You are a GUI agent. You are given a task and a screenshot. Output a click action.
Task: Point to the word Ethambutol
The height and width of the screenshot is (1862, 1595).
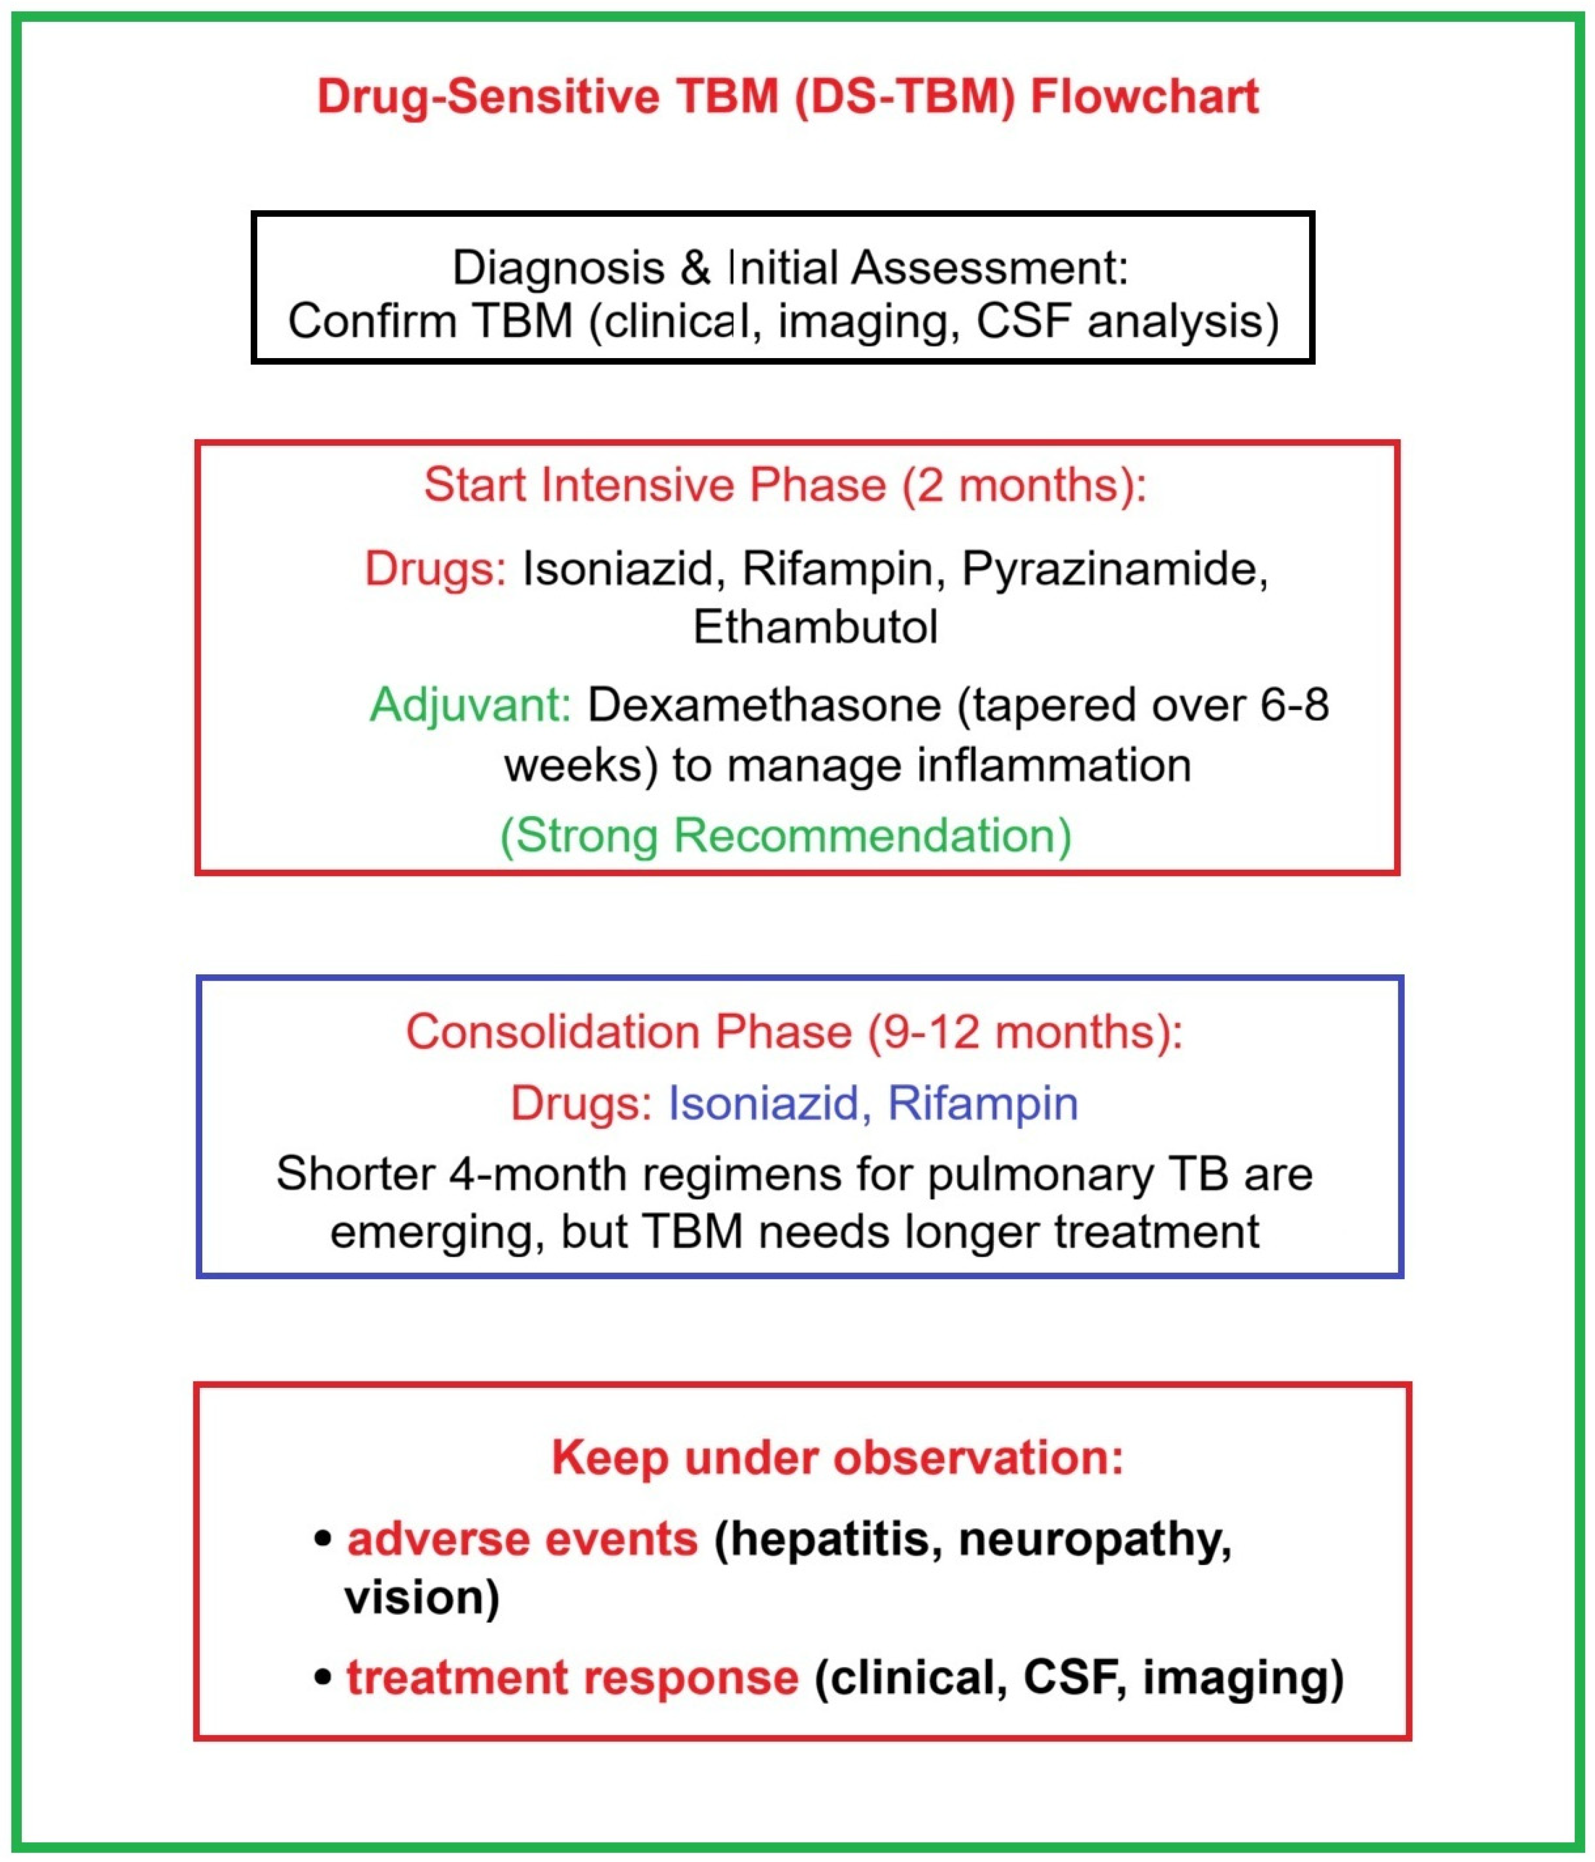(815, 627)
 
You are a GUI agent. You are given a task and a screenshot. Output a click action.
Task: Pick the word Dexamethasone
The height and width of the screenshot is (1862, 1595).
(764, 705)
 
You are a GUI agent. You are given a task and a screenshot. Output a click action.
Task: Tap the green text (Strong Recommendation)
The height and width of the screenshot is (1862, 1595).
(785, 836)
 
